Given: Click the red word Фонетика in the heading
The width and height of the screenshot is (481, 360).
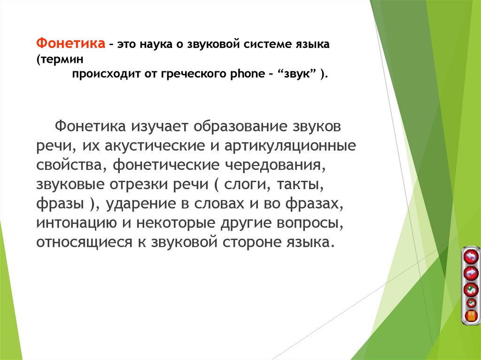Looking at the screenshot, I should [x=70, y=44].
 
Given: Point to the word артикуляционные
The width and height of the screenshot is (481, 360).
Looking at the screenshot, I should [x=290, y=146].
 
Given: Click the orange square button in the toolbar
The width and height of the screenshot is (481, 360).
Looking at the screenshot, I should [x=470, y=315].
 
